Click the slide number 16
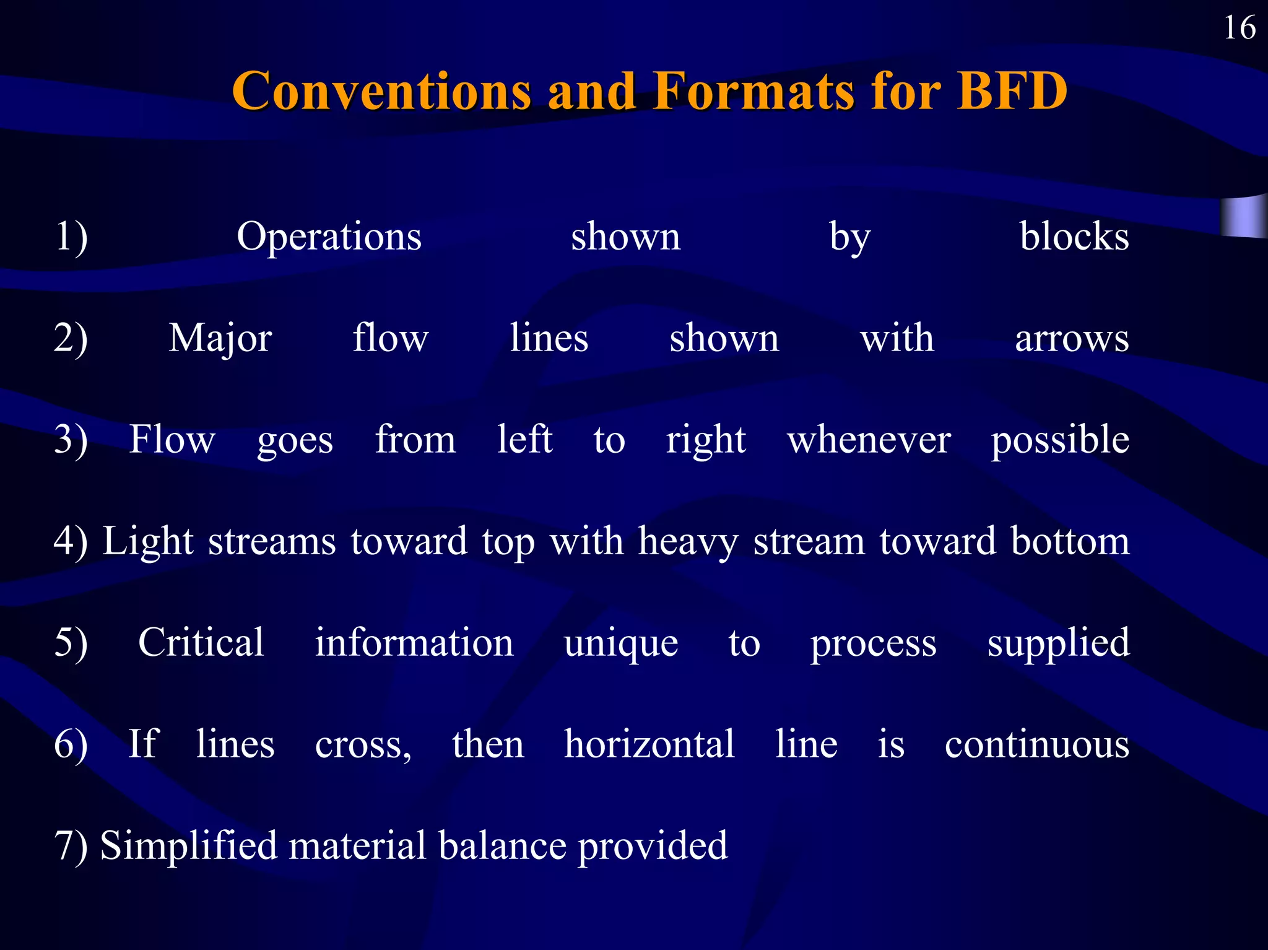(x=1240, y=28)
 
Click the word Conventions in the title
(x=381, y=91)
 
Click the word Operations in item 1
(x=329, y=237)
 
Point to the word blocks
(x=1074, y=237)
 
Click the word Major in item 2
(x=220, y=339)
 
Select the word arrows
(x=1072, y=339)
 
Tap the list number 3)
(x=71, y=440)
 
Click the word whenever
(x=869, y=440)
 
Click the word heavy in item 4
(x=688, y=542)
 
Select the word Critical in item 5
(x=201, y=642)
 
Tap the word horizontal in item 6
(x=649, y=744)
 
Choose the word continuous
(x=1037, y=744)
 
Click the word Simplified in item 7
(x=189, y=846)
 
